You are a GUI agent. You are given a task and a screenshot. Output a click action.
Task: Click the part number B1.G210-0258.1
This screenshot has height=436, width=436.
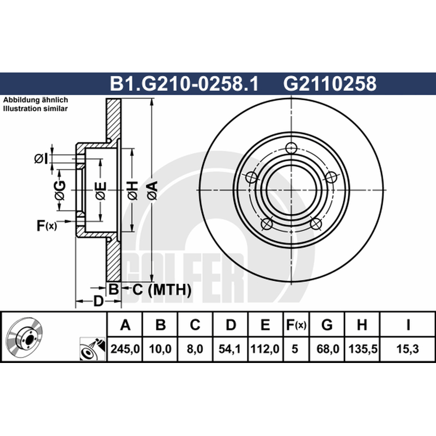click(x=184, y=84)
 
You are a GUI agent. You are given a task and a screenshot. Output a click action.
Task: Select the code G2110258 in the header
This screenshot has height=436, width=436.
click(x=330, y=84)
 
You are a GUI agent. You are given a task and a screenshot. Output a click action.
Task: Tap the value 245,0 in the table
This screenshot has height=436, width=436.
click(x=125, y=349)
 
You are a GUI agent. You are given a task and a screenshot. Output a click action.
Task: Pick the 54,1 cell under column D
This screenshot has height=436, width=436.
click(x=230, y=349)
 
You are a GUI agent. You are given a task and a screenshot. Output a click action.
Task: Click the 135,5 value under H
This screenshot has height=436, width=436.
click(x=362, y=349)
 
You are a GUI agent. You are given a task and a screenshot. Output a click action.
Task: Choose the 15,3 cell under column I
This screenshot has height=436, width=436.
click(x=407, y=349)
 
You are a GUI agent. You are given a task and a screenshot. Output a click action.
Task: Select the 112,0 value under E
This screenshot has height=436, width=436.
click(x=265, y=349)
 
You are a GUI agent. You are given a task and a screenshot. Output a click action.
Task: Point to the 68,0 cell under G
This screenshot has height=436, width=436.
click(x=328, y=349)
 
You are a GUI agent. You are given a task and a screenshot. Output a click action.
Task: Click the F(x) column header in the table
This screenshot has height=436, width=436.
click(x=296, y=325)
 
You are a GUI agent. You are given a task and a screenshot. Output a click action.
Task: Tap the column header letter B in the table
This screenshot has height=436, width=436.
click(x=160, y=324)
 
